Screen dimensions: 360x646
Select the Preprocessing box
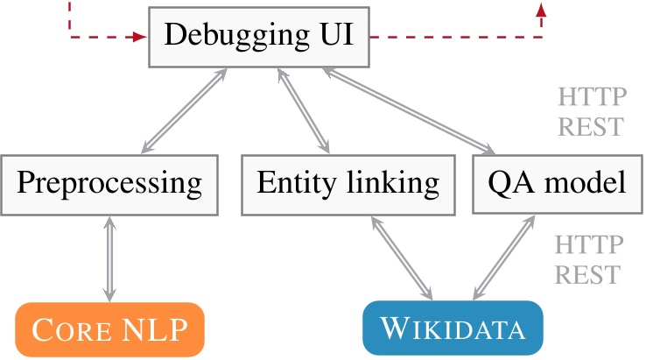click(109, 184)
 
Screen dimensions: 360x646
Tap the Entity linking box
click(348, 184)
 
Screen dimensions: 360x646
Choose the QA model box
click(557, 184)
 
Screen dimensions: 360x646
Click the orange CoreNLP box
click(109, 330)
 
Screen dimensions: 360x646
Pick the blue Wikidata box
click(453, 330)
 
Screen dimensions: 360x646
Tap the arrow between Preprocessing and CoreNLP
click(109, 258)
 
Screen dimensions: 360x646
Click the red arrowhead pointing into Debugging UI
click(140, 38)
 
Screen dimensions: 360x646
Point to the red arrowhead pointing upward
click(541, 10)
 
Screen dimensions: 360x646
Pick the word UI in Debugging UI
click(334, 37)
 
